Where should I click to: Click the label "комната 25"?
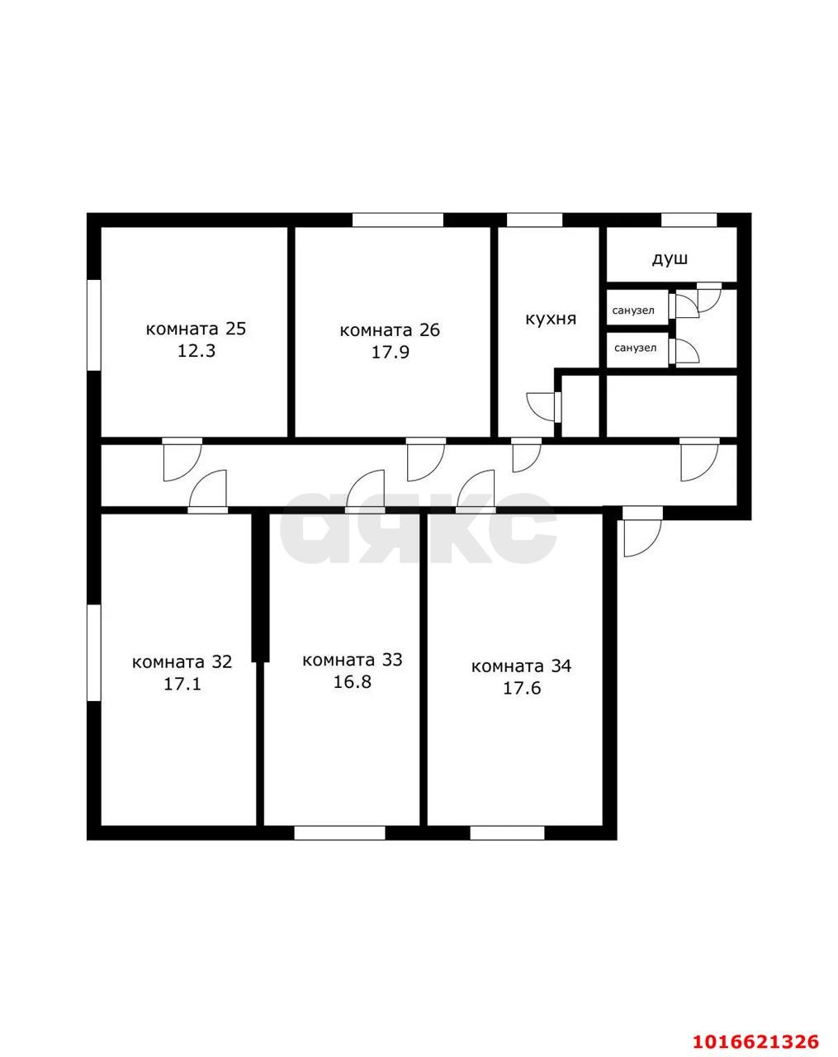click(x=196, y=329)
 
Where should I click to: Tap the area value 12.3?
click(x=196, y=351)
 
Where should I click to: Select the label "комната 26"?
click(x=390, y=330)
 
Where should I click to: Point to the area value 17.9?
click(x=390, y=353)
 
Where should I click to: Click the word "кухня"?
click(x=551, y=320)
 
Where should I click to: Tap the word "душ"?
click(x=670, y=258)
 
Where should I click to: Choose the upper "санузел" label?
click(x=633, y=310)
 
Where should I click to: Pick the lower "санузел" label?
click(x=635, y=348)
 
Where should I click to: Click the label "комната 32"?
click(x=182, y=661)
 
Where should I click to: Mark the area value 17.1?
click(x=182, y=685)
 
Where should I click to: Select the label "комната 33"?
click(x=353, y=660)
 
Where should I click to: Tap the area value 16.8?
click(x=353, y=682)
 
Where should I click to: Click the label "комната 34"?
click(x=522, y=666)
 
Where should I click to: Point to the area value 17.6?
click(x=522, y=689)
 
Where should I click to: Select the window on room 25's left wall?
click(x=93, y=325)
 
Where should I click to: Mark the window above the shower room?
click(x=689, y=220)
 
